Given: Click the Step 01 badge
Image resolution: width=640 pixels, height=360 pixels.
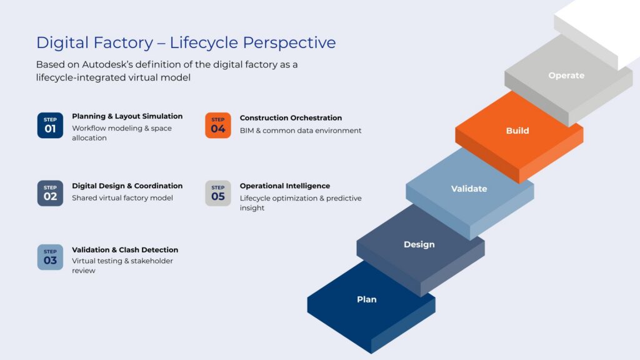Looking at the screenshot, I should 50,125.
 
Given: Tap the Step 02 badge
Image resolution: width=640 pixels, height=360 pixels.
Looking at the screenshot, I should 50,193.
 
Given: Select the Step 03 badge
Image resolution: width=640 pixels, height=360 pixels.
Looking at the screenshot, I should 50,257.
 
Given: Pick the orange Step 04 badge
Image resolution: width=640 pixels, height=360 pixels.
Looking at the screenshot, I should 218,125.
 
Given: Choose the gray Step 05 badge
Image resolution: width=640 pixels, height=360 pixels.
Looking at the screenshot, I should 218,193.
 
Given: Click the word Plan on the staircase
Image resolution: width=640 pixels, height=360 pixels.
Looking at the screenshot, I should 367,299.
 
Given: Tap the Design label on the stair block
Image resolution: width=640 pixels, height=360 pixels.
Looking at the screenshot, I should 419,244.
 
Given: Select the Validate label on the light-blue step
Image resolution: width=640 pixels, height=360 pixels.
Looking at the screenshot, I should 469,189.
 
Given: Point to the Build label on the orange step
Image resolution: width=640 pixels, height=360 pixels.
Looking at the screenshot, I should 517,131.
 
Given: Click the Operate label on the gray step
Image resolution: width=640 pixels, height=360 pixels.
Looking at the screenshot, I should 566,76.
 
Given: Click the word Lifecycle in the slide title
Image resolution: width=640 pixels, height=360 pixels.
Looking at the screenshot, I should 203,42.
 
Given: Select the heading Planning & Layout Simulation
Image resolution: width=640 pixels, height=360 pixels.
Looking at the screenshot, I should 127,116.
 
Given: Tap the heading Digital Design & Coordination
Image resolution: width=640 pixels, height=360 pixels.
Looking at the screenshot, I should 127,186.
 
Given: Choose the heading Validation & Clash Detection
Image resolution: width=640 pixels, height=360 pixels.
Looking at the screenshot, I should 125,250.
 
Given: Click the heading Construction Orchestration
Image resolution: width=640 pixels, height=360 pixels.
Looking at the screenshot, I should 291,117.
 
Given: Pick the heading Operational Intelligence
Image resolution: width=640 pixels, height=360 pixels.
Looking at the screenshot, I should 285,186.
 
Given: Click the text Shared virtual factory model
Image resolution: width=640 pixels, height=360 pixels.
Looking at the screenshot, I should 122,198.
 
